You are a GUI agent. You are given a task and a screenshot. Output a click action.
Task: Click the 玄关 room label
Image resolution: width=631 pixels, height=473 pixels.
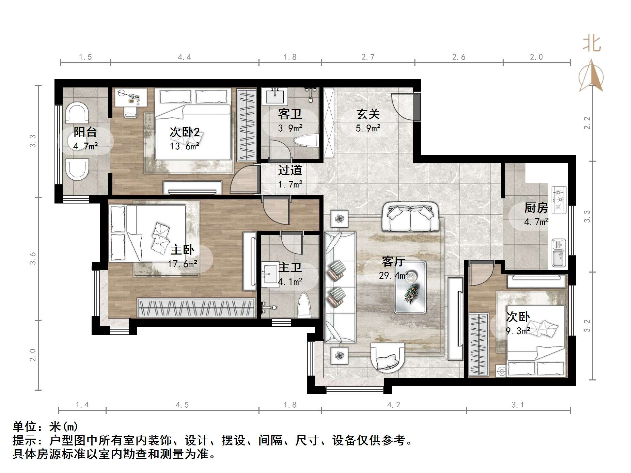(x=368, y=114)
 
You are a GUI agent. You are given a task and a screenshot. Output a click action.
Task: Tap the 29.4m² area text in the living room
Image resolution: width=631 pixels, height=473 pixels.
(x=394, y=275)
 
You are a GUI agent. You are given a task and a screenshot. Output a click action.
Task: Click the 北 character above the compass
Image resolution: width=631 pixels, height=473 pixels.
(x=591, y=44)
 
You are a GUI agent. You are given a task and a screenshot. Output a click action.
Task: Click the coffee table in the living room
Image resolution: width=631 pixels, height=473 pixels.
(x=410, y=287)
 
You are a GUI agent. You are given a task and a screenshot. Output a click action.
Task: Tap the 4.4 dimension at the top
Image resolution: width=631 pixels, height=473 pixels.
(x=184, y=57)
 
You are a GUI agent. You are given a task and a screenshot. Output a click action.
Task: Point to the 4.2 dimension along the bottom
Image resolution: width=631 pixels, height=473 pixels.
(x=393, y=405)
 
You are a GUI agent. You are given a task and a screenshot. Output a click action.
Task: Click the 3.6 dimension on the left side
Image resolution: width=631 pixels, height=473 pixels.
(x=33, y=259)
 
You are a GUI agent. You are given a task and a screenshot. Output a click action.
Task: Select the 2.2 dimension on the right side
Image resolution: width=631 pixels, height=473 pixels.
(x=587, y=123)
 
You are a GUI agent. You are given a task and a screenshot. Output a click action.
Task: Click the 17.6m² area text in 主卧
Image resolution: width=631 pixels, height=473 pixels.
(x=183, y=264)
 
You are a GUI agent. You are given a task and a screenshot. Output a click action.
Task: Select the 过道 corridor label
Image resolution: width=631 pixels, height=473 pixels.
(x=290, y=170)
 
